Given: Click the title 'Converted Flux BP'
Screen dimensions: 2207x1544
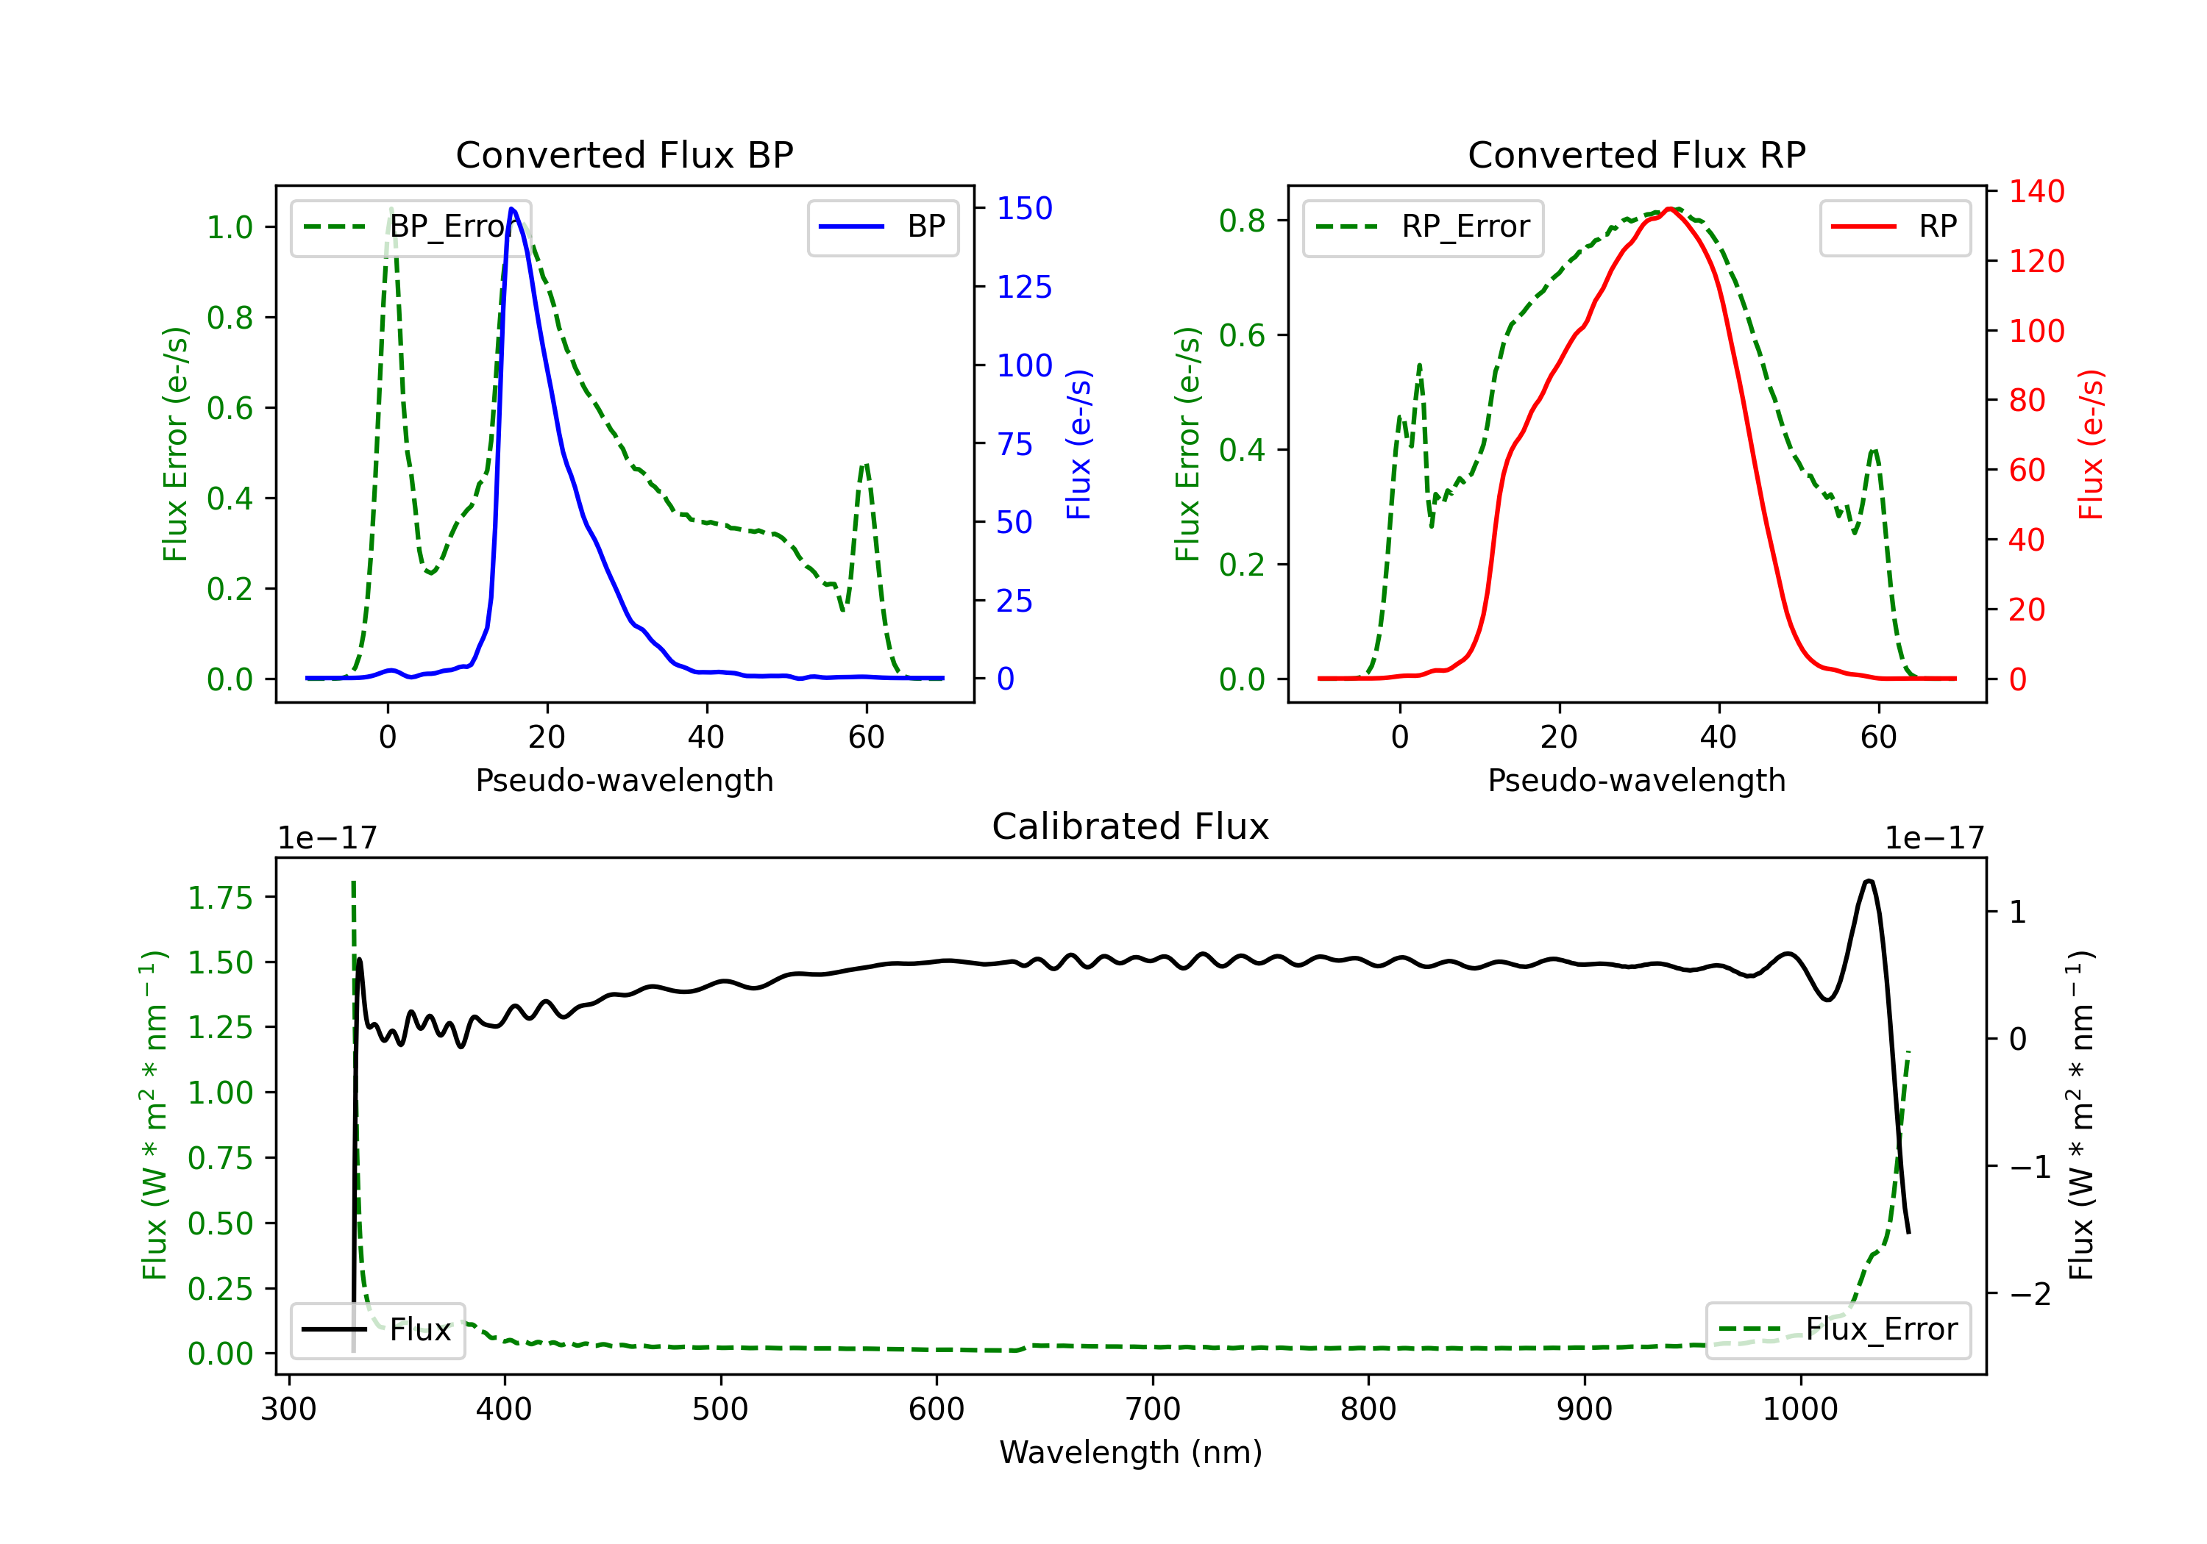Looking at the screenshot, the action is [624, 154].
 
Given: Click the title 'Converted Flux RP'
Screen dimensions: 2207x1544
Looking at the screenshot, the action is [1636, 154].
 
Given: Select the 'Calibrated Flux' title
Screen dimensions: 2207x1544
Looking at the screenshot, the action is [1131, 826].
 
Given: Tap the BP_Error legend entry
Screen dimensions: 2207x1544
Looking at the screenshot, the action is [411, 226].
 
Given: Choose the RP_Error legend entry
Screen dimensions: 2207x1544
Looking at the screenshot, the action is [1423, 226].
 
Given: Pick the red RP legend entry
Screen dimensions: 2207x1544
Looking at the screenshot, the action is [1894, 226].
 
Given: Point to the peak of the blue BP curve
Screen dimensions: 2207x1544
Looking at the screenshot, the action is [511, 209].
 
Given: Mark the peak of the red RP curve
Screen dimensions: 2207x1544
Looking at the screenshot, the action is [1671, 209].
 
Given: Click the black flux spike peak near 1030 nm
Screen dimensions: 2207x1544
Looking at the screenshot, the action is [1869, 880].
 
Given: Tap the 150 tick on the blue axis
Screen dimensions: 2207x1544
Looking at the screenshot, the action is [1024, 209].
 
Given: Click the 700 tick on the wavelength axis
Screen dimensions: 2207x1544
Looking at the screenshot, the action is [1153, 1409].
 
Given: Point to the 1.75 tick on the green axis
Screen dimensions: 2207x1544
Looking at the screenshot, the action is [220, 898].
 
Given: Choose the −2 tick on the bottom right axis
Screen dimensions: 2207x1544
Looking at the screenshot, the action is [2030, 1294].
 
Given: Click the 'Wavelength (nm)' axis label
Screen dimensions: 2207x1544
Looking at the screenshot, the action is [1131, 1452].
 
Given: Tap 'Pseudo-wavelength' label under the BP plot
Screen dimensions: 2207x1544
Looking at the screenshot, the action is [624, 780].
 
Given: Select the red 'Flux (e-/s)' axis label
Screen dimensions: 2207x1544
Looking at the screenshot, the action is [2090, 444].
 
